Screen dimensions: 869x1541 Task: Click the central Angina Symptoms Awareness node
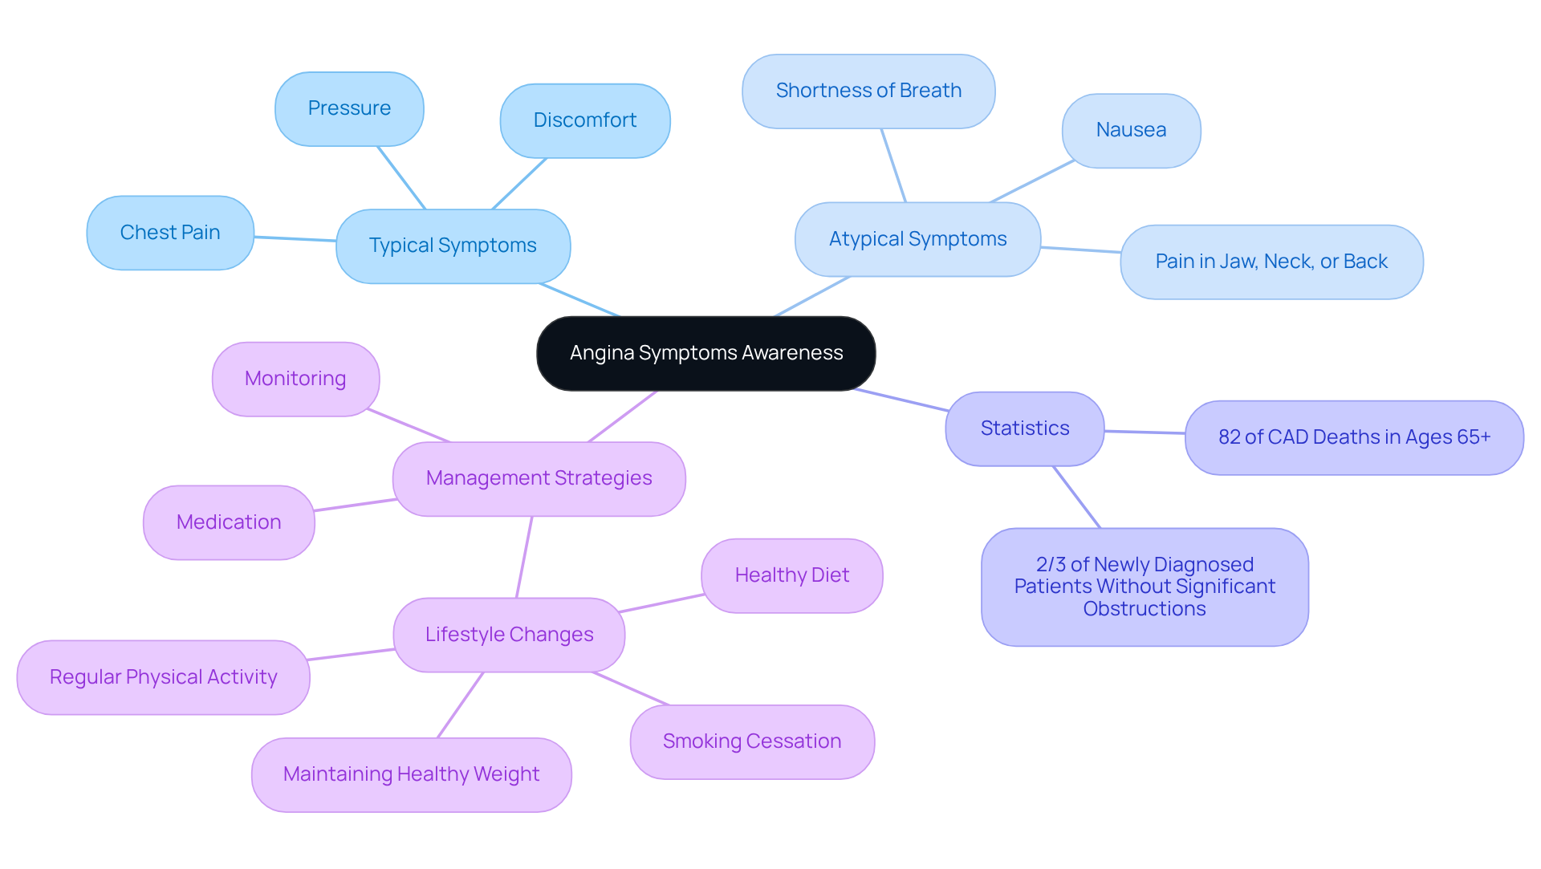pyautogui.click(x=705, y=353)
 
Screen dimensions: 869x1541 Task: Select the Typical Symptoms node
pyautogui.click(x=453, y=246)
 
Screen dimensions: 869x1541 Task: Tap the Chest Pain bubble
pyautogui.click(x=170, y=233)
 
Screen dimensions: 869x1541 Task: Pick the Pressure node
pyautogui.click(x=349, y=108)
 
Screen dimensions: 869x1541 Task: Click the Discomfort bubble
pyautogui.click(x=584, y=120)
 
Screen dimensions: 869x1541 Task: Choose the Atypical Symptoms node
pyautogui.click(x=917, y=239)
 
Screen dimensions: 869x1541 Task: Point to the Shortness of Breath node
pyautogui.click(x=868, y=91)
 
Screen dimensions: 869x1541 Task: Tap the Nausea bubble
pyautogui.click(x=1131, y=130)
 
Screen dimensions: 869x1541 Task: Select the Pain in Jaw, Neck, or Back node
pyautogui.click(x=1271, y=262)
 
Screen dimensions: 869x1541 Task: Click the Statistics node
pyautogui.click(x=1024, y=428)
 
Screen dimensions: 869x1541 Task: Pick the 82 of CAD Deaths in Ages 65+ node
pyautogui.click(x=1354, y=437)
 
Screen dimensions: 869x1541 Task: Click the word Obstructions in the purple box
pyautogui.click(x=1145, y=609)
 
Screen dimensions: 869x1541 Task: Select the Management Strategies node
pyautogui.click(x=539, y=478)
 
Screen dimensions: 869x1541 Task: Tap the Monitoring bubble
pyautogui.click(x=295, y=379)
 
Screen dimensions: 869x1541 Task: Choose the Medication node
pyautogui.click(x=229, y=522)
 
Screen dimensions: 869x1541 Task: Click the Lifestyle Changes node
pyautogui.click(x=509, y=635)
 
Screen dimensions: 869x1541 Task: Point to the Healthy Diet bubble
pyautogui.click(x=791, y=575)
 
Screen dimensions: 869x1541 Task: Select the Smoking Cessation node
pyautogui.click(x=752, y=741)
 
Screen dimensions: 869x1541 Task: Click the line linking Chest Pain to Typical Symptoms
pyautogui.click(x=295, y=238)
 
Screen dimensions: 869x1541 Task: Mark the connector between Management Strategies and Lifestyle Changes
pyautogui.click(x=524, y=557)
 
